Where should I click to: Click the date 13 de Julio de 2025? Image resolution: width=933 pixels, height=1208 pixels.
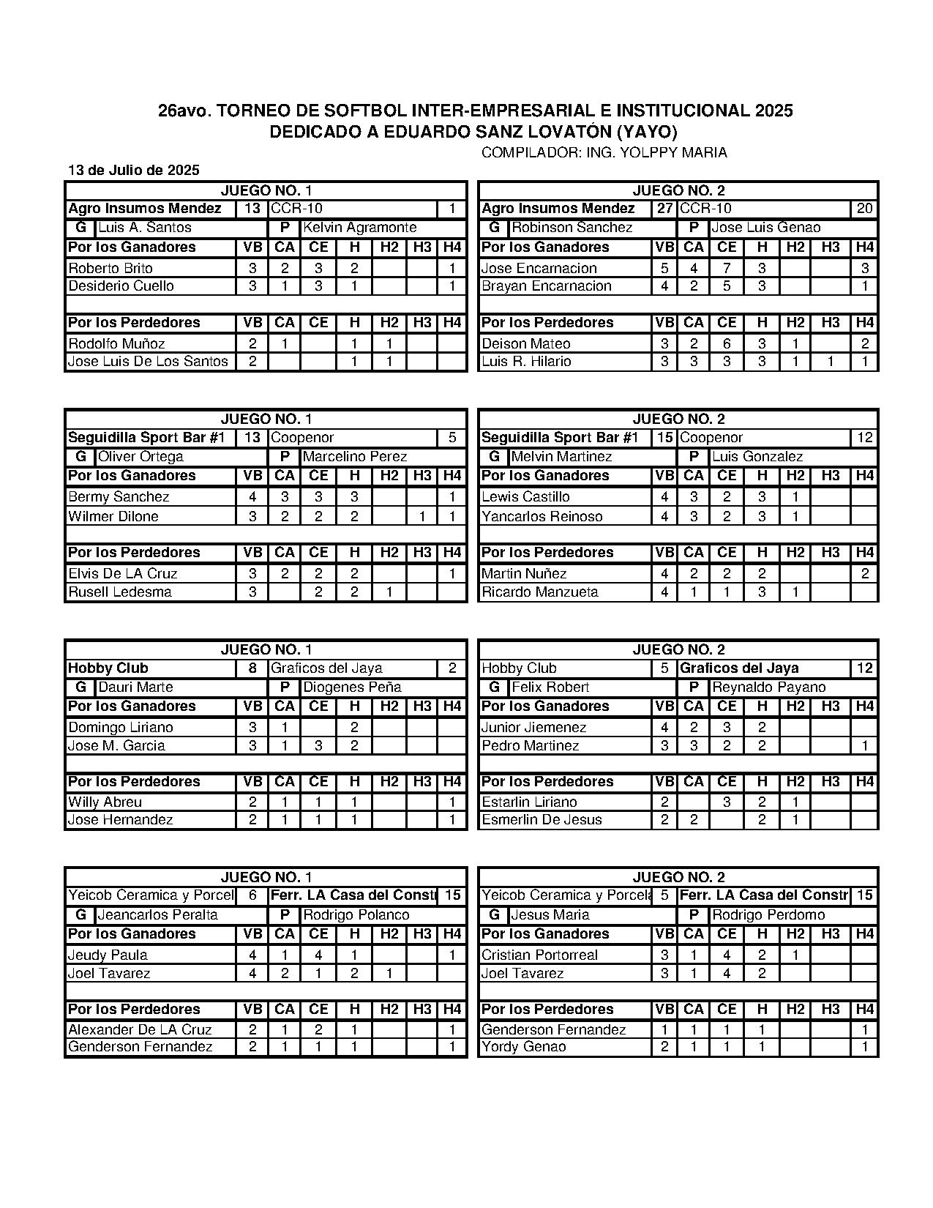pyautogui.click(x=134, y=171)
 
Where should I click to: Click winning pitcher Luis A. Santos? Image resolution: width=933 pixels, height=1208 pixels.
pyautogui.click(x=145, y=228)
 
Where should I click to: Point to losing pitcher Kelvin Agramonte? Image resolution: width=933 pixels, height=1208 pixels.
pyautogui.click(x=359, y=228)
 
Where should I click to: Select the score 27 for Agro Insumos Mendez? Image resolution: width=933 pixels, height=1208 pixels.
pyautogui.click(x=664, y=209)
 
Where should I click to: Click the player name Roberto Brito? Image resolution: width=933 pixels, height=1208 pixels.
pyautogui.click(x=110, y=268)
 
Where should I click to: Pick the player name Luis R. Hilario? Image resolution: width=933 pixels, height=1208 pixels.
pyautogui.click(x=526, y=362)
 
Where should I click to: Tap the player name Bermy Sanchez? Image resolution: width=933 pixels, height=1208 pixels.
pyautogui.click(x=119, y=497)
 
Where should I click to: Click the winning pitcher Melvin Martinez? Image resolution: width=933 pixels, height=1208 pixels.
pyautogui.click(x=562, y=457)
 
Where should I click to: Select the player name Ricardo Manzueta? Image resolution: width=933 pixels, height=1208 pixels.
pyautogui.click(x=540, y=592)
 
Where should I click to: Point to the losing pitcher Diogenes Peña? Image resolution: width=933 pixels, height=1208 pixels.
pyautogui.click(x=352, y=687)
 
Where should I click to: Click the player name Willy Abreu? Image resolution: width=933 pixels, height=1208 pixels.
pyautogui.click(x=105, y=802)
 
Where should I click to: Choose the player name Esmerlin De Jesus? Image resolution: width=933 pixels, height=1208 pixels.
pyautogui.click(x=542, y=820)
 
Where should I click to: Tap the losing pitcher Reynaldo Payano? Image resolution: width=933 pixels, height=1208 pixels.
pyautogui.click(x=768, y=687)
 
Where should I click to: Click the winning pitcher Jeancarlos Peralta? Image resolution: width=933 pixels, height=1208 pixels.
pyautogui.click(x=157, y=915)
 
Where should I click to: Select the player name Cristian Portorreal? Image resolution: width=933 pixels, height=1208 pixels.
pyautogui.click(x=540, y=955)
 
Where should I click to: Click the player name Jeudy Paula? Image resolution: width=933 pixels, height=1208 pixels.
pyautogui.click(x=108, y=955)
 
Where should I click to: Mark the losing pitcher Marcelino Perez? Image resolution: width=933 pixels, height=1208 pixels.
pyautogui.click(x=355, y=457)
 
